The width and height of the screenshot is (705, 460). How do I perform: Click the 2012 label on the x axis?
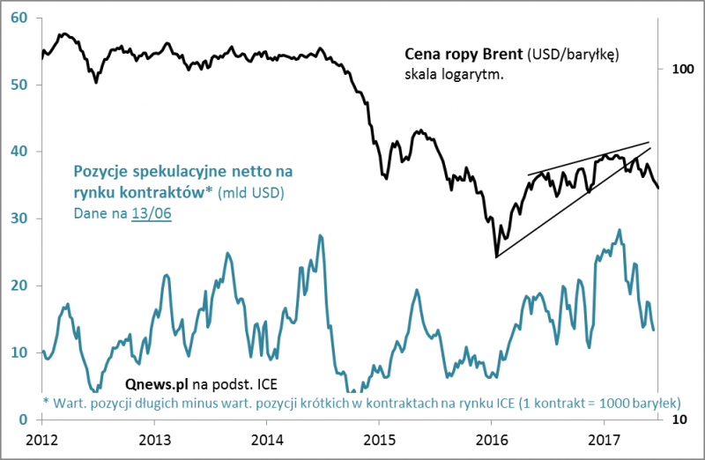pyautogui.click(x=42, y=438)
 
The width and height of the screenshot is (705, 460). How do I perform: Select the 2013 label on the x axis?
pyautogui.click(x=155, y=438)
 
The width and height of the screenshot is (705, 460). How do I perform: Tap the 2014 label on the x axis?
pyautogui.click(x=267, y=438)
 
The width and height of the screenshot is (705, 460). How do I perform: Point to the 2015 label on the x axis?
pyautogui.click(x=379, y=438)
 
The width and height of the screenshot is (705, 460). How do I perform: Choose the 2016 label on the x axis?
pyautogui.click(x=492, y=438)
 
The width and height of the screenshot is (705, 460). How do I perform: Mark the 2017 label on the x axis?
pyautogui.click(x=604, y=438)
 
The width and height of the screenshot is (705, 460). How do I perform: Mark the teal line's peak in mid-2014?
pyautogui.click(x=320, y=235)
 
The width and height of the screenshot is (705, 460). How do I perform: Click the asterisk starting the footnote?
pyautogui.click(x=46, y=401)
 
